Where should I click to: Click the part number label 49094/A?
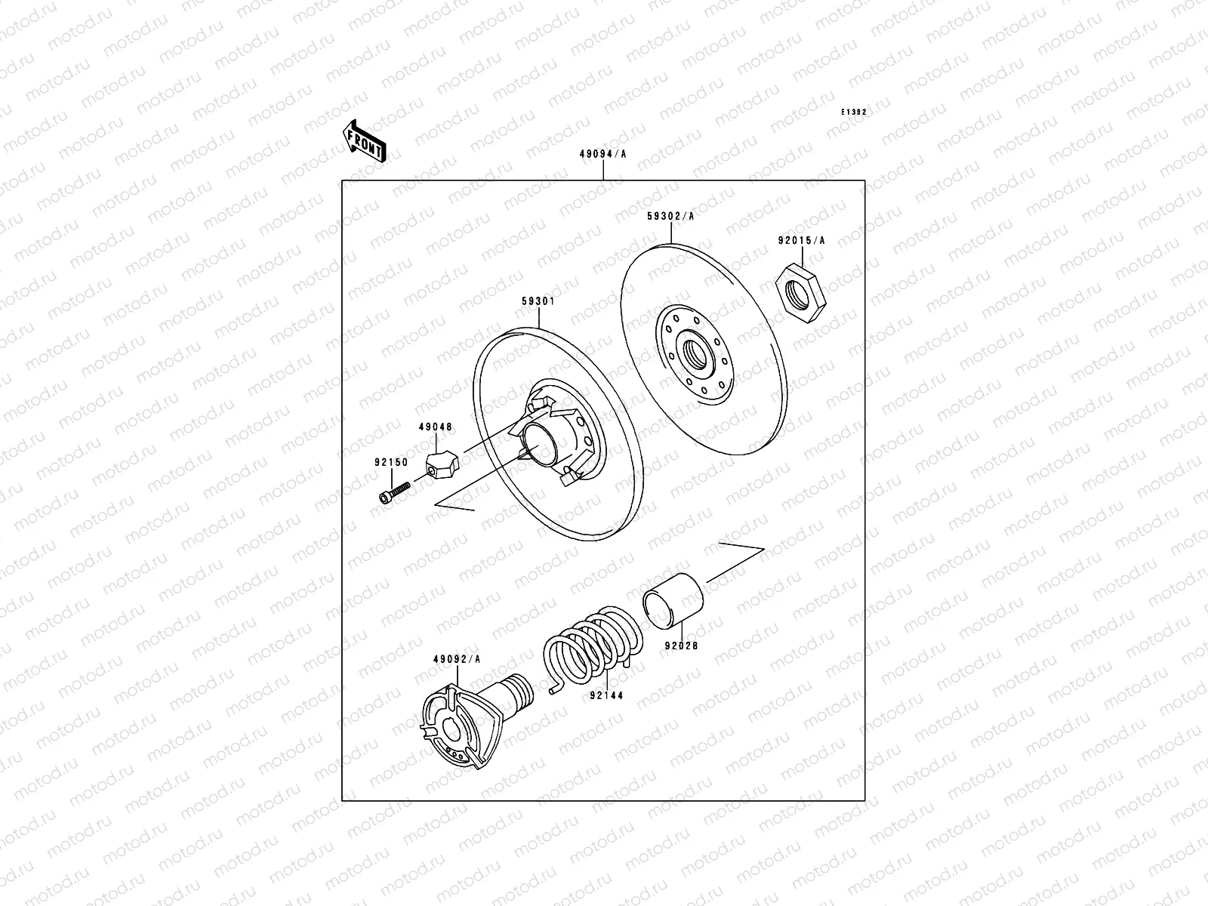point(602,154)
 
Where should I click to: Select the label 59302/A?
point(670,216)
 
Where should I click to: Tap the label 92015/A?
point(801,241)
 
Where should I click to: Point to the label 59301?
point(538,300)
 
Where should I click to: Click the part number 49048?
point(435,427)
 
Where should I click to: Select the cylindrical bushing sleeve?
point(673,600)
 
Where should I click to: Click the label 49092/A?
point(457,659)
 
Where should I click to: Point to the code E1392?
point(855,112)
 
